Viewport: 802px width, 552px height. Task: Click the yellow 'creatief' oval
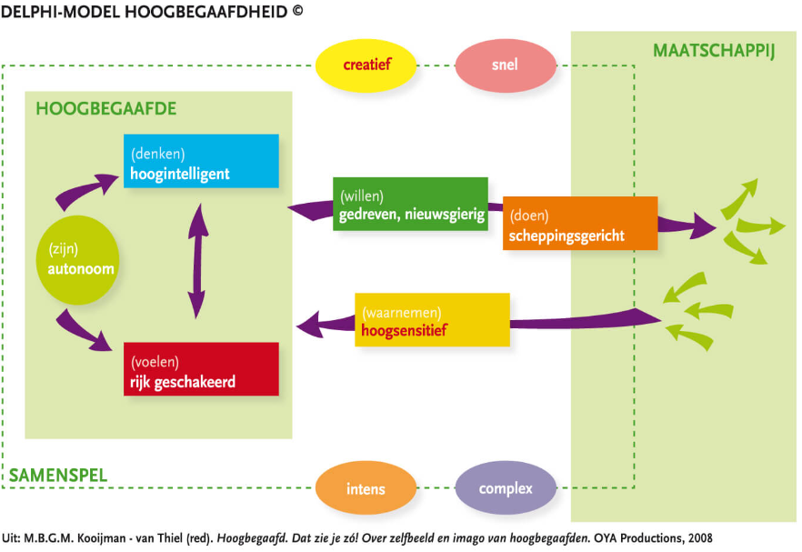(x=366, y=65)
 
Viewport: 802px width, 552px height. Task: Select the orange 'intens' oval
(x=366, y=488)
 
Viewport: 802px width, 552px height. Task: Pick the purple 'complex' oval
(x=506, y=488)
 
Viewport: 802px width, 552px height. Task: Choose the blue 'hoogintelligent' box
(x=201, y=161)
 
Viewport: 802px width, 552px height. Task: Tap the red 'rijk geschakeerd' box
(x=201, y=369)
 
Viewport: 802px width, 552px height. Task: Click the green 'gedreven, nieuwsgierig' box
(x=410, y=204)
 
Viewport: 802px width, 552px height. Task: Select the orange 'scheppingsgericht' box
(x=579, y=223)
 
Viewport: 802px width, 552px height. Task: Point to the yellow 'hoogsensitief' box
(x=432, y=319)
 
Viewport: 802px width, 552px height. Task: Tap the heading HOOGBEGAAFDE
(x=105, y=109)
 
